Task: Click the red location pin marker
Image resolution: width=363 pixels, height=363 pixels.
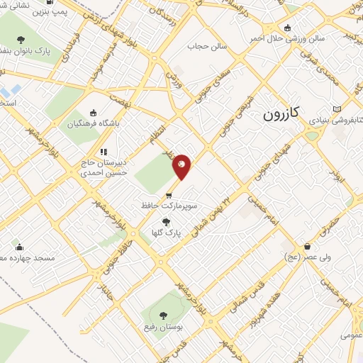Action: click(182, 166)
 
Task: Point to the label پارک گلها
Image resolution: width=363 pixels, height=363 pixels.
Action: click(167, 232)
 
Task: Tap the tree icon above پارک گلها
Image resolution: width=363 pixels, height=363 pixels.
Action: click(166, 221)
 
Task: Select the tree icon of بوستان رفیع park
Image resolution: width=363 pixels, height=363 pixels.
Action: click(164, 315)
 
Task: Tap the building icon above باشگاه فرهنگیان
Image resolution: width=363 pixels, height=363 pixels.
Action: click(94, 113)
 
